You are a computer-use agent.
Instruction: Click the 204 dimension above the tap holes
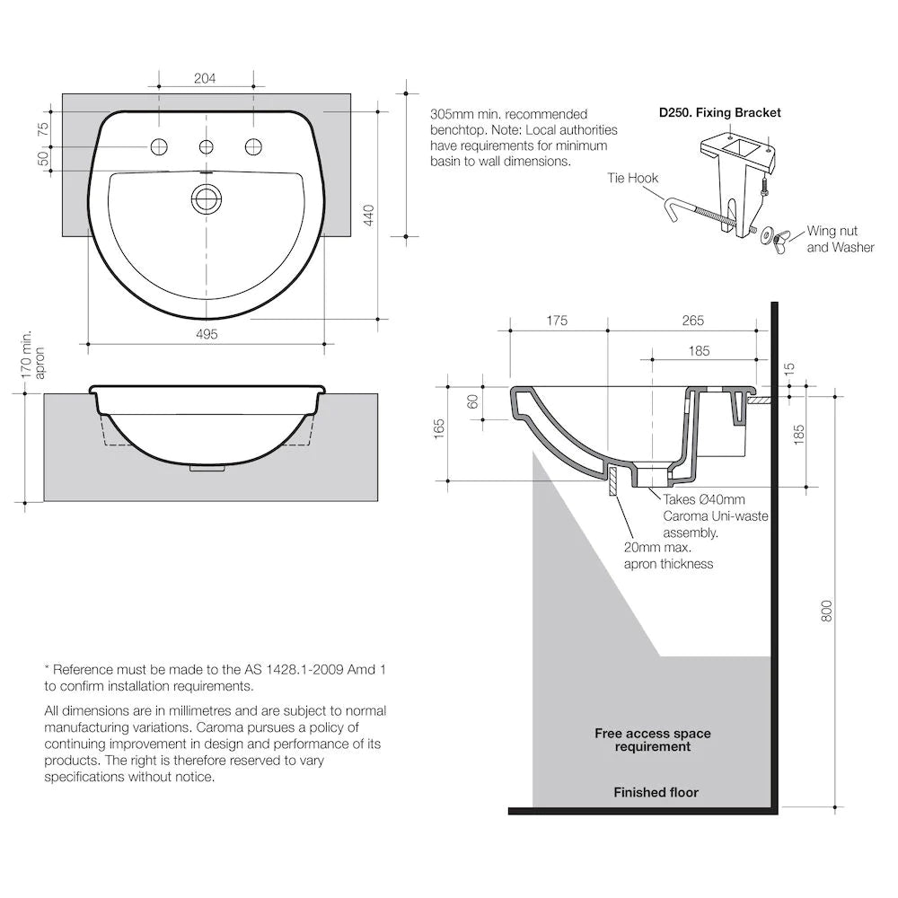tap(205, 79)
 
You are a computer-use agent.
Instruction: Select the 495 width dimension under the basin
tap(207, 334)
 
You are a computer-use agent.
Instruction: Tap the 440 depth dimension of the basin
tap(368, 216)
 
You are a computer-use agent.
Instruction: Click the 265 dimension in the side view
tap(692, 321)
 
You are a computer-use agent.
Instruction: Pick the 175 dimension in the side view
tap(557, 321)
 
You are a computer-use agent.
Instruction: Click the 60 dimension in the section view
tap(473, 402)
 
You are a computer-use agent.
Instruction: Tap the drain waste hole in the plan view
tap(207, 198)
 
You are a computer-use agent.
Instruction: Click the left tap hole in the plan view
tap(160, 147)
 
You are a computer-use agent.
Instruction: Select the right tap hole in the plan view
tap(253, 147)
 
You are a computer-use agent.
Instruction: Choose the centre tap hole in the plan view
tap(207, 147)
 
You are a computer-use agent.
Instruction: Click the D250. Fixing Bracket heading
tap(719, 112)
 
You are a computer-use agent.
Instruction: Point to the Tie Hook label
tap(633, 178)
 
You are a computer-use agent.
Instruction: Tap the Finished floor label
tap(656, 792)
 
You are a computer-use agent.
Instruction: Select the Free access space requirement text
tap(652, 740)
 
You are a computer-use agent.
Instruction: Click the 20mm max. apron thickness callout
tap(668, 555)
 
